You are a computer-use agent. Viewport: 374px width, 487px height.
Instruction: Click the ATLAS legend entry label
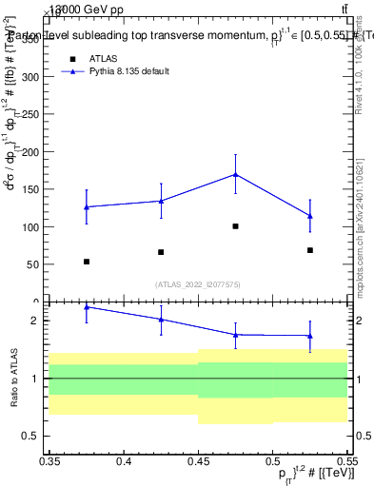tap(104, 58)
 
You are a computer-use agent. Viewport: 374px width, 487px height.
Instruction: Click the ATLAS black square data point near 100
tap(235, 226)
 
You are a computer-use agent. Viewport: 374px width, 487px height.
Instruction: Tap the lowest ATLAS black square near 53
tap(87, 262)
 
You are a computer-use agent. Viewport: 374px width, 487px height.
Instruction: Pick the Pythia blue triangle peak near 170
tap(235, 174)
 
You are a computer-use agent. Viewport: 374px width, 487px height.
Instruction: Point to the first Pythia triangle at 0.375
tap(87, 206)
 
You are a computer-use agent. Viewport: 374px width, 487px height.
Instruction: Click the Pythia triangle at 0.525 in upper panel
tap(310, 216)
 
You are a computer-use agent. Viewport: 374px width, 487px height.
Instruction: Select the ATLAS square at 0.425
tap(161, 252)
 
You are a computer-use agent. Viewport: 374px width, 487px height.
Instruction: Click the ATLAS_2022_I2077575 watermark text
tap(198, 283)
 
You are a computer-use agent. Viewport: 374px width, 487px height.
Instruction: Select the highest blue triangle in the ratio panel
tap(87, 307)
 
